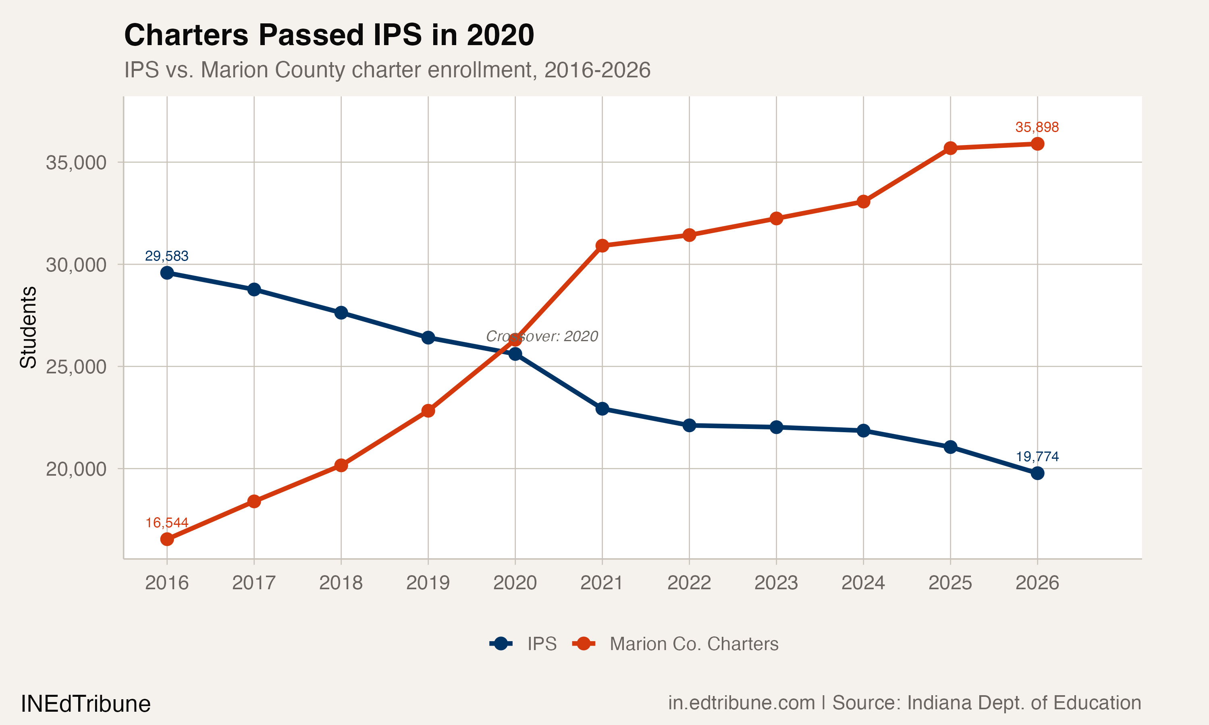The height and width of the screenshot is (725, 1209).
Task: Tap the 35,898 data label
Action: [1037, 127]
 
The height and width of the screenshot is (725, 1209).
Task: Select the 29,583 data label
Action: [167, 256]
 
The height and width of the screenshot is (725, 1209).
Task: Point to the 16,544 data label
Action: [167, 523]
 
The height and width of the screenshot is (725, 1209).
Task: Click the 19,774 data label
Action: [1037, 456]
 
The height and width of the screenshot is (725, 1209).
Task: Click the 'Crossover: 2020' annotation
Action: [542, 336]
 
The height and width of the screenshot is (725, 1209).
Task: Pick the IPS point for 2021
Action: [602, 408]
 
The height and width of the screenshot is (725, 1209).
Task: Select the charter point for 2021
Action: [602, 246]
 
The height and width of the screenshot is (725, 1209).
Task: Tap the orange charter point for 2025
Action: [950, 148]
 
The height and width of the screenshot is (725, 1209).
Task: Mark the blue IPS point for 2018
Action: [341, 313]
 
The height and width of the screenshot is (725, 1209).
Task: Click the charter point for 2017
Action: [253, 501]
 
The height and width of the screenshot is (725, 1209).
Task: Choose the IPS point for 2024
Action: [863, 431]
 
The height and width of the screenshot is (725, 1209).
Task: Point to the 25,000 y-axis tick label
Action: [76, 367]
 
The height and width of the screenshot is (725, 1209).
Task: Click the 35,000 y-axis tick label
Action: [76, 163]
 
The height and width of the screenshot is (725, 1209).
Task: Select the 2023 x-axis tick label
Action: [776, 583]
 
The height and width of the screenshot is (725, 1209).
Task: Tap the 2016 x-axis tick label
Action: [167, 583]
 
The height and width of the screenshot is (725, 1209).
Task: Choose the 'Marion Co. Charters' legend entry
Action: [694, 644]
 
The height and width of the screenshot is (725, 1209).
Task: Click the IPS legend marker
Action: [501, 644]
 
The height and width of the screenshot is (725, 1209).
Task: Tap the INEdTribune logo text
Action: [85, 704]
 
